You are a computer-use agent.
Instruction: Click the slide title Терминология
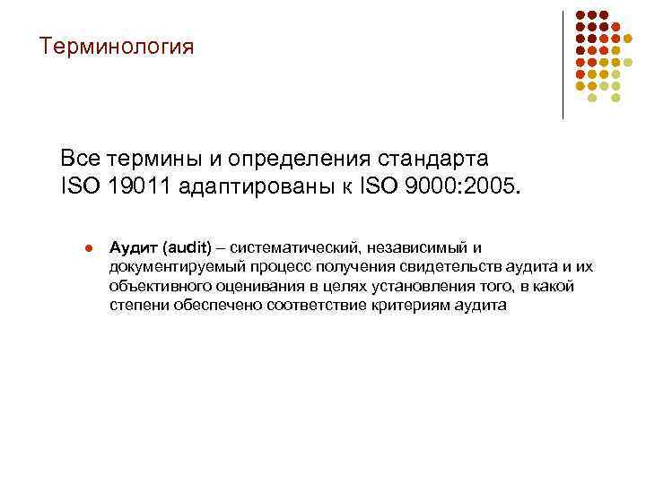click(x=116, y=46)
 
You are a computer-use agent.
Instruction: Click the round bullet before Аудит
click(x=87, y=248)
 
